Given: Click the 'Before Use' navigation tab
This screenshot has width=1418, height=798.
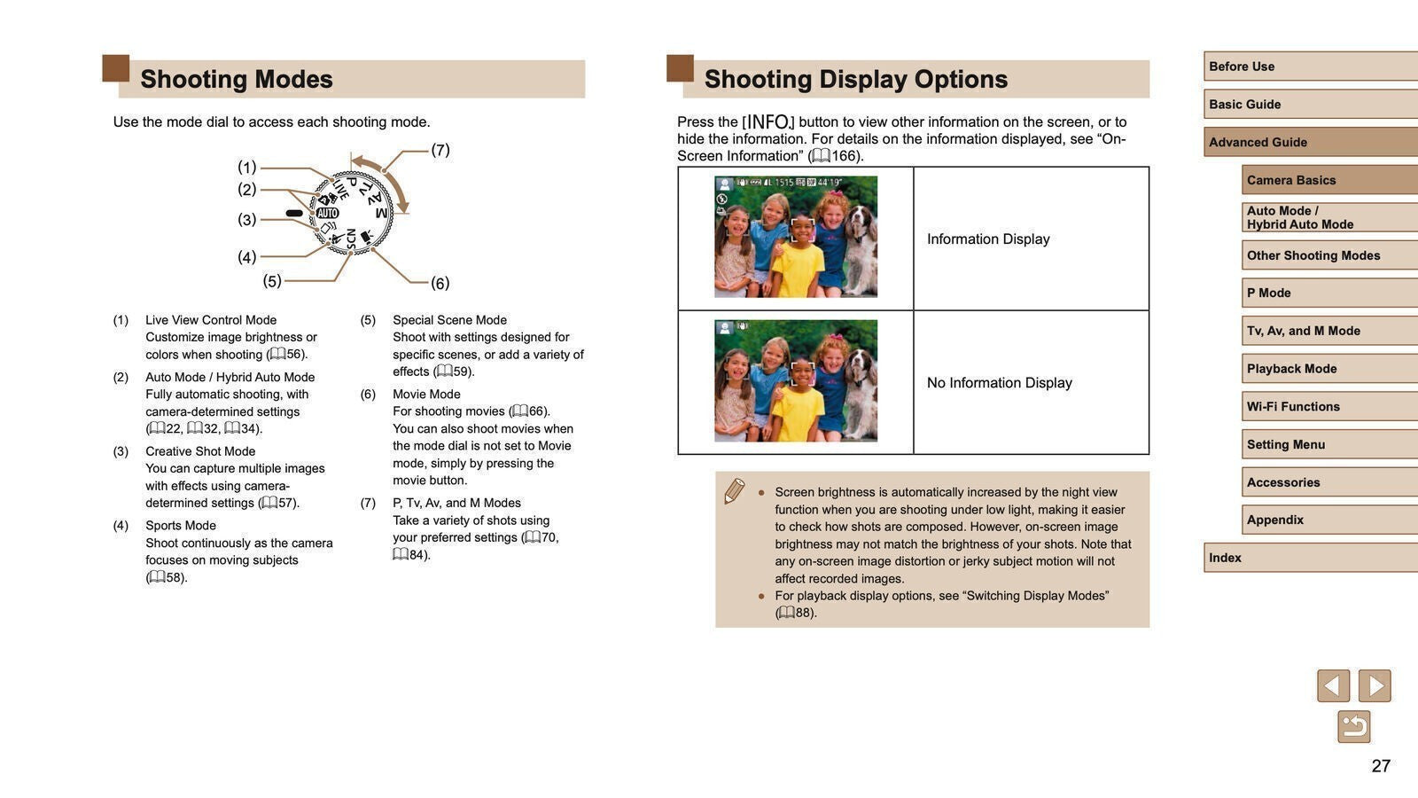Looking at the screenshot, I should (1310, 66).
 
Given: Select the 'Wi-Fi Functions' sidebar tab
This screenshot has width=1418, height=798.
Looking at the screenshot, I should (1328, 406).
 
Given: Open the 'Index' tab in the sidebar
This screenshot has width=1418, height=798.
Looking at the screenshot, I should (1310, 558).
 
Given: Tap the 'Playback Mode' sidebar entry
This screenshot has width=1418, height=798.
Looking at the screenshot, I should (1328, 369).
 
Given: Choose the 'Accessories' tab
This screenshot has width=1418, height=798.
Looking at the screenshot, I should (1328, 482).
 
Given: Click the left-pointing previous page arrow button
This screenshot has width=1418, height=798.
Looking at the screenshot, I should (1333, 686).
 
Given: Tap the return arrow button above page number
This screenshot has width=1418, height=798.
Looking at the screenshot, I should (1353, 727).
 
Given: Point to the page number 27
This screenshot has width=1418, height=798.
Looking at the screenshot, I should (1381, 766).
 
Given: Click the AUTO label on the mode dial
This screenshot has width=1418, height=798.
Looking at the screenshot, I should (328, 213).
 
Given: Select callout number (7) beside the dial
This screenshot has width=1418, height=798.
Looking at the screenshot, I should (440, 150).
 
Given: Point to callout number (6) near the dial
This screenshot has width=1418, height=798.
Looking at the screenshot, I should (440, 284).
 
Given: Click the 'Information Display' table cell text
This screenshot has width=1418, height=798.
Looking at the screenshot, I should (988, 239).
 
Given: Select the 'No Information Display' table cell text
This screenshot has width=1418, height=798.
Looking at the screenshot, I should (999, 383).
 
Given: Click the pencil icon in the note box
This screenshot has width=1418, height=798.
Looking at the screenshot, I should (734, 490).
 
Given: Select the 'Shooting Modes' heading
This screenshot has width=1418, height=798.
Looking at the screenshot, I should (237, 79).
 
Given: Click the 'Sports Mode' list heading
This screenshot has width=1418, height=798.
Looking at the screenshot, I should (181, 526).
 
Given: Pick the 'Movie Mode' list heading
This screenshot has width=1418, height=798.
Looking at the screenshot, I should (426, 395).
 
